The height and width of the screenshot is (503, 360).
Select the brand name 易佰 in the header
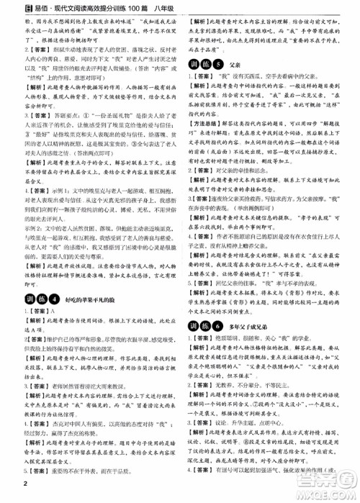click(28, 6)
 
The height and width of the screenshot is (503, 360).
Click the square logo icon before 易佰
click(9, 6)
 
